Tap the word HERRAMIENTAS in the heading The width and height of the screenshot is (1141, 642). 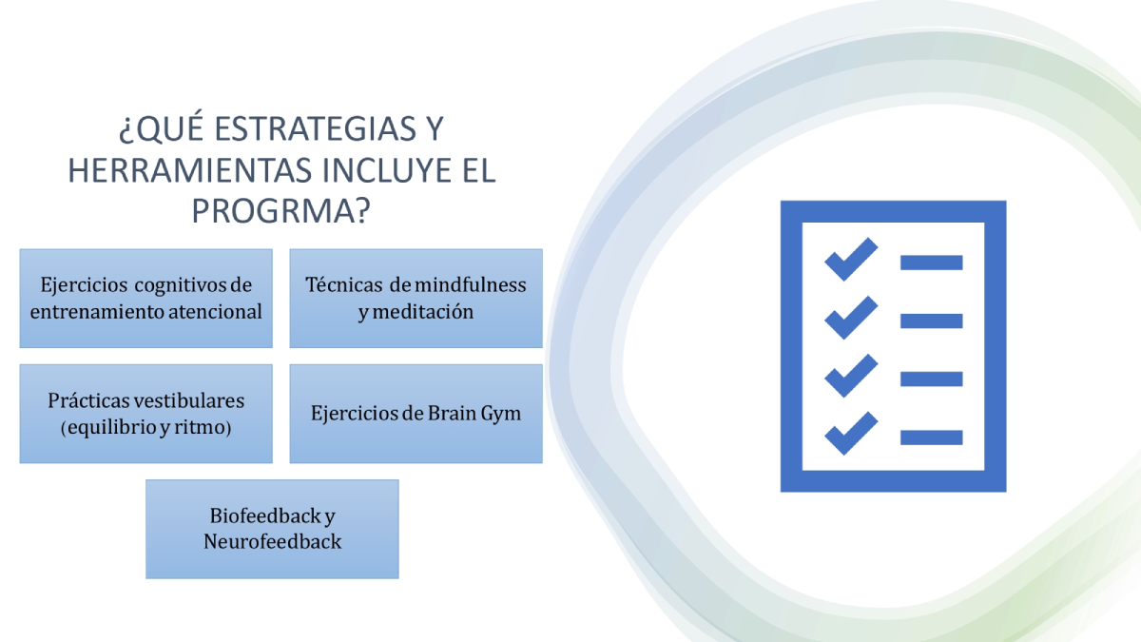[189, 170]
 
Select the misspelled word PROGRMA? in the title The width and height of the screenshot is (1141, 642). [280, 211]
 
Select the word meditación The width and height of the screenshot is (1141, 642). [423, 311]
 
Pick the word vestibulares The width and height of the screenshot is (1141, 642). [189, 400]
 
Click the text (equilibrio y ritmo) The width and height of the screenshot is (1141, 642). [146, 427]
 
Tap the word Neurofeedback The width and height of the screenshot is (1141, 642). [273, 541]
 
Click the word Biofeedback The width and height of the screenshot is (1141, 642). [265, 516]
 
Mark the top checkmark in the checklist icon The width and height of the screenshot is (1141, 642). [851, 260]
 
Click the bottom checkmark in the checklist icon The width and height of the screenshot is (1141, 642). [851, 433]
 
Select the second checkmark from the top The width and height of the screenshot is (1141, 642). [851, 318]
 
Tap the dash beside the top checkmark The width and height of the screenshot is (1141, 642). [931, 263]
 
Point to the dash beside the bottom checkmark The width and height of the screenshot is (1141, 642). [931, 438]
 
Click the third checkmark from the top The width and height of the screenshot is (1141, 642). [851, 376]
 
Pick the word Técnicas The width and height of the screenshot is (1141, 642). [344, 284]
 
